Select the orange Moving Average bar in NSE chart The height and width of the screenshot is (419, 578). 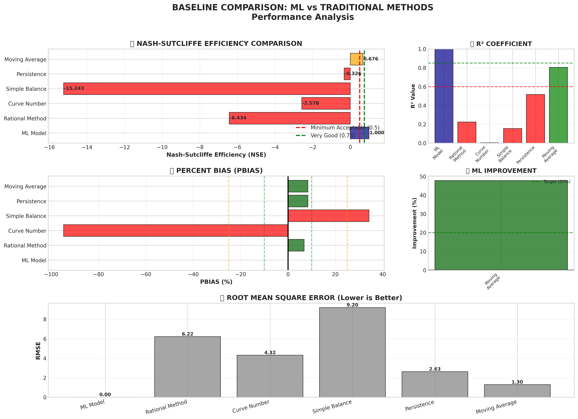356,59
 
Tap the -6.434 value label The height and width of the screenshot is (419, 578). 238,118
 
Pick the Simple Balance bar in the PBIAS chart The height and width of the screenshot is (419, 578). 328,216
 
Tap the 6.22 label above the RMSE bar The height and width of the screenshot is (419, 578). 188,334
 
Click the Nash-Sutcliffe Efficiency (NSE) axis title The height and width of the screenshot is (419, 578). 216,155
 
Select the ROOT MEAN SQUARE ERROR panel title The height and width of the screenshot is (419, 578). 314,298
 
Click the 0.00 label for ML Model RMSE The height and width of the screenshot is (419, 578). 105,395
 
